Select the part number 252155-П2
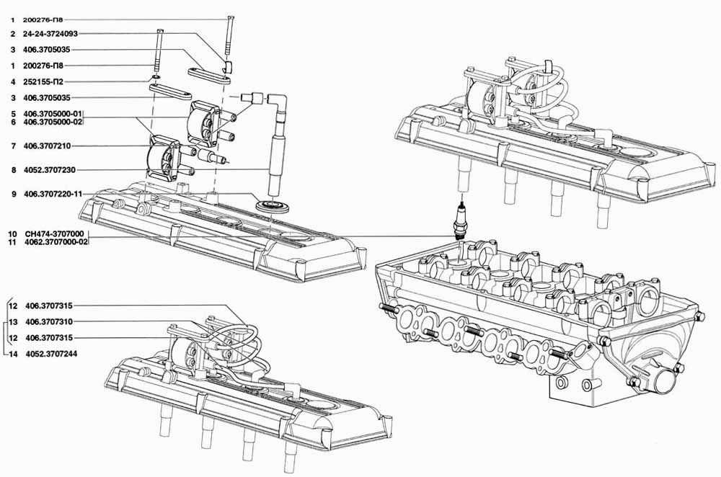[x=43, y=82]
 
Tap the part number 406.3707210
[x=47, y=146]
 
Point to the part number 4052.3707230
[x=50, y=170]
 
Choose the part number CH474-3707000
[x=54, y=234]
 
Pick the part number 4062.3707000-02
[x=56, y=242]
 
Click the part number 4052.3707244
[x=51, y=354]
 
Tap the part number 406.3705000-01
[x=53, y=114]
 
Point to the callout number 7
[x=14, y=146]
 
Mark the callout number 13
[x=13, y=321]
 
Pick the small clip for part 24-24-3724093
[x=228, y=67]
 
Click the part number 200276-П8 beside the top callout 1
[x=43, y=20]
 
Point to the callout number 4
[x=13, y=82]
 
